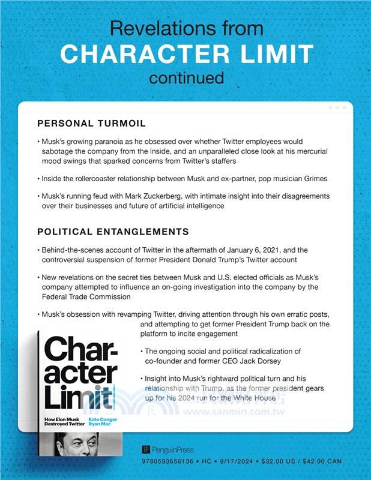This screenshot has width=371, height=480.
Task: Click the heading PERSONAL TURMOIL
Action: tap(91, 124)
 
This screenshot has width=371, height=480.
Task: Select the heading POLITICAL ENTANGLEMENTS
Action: tap(113, 232)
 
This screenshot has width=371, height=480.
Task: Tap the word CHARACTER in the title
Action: tap(140, 54)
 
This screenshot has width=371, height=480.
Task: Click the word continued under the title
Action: tap(186, 78)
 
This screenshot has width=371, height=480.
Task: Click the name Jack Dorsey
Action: tap(253, 361)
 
